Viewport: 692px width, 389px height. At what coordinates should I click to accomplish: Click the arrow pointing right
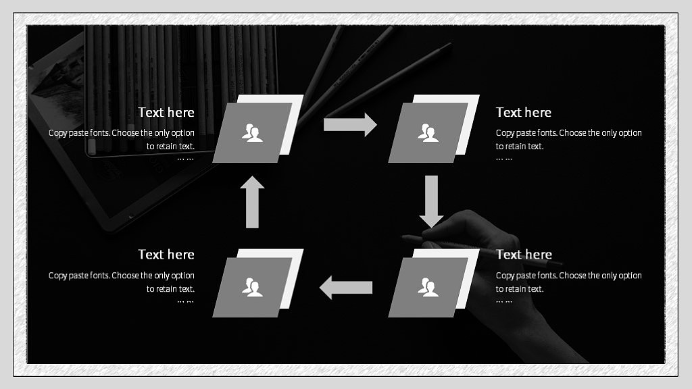pyautogui.click(x=350, y=124)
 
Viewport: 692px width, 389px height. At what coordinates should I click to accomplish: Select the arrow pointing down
pyautogui.click(x=431, y=201)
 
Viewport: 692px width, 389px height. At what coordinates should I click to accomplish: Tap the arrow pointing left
pyautogui.click(x=345, y=288)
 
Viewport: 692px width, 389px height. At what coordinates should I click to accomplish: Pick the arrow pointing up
pyautogui.click(x=252, y=202)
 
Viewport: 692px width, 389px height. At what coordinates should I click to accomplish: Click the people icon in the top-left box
pyautogui.click(x=252, y=133)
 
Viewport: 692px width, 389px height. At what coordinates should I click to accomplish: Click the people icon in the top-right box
pyautogui.click(x=428, y=133)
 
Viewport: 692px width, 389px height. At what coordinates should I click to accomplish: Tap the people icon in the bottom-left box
pyautogui.click(x=252, y=287)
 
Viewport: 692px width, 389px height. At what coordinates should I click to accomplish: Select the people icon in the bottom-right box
pyautogui.click(x=428, y=287)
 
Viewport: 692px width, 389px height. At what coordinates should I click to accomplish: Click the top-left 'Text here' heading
pyautogui.click(x=166, y=113)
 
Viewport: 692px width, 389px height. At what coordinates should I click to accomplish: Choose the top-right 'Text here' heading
pyautogui.click(x=524, y=113)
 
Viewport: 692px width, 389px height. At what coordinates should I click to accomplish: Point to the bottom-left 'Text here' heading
pyautogui.click(x=166, y=255)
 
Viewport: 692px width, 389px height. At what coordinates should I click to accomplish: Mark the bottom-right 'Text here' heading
pyautogui.click(x=524, y=255)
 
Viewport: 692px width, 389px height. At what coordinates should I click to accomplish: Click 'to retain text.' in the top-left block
pyautogui.click(x=170, y=147)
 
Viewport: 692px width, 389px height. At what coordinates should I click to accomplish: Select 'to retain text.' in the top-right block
pyautogui.click(x=520, y=147)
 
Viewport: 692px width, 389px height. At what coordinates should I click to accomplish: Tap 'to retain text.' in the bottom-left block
pyautogui.click(x=170, y=289)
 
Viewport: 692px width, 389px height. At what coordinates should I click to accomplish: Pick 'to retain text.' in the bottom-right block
pyautogui.click(x=520, y=289)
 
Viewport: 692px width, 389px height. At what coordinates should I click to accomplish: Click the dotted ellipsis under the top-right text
pyautogui.click(x=504, y=159)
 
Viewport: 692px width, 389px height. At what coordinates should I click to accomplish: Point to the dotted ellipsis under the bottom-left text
pyautogui.click(x=185, y=302)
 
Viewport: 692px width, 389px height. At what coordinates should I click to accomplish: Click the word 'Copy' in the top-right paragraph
pyautogui.click(x=505, y=133)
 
